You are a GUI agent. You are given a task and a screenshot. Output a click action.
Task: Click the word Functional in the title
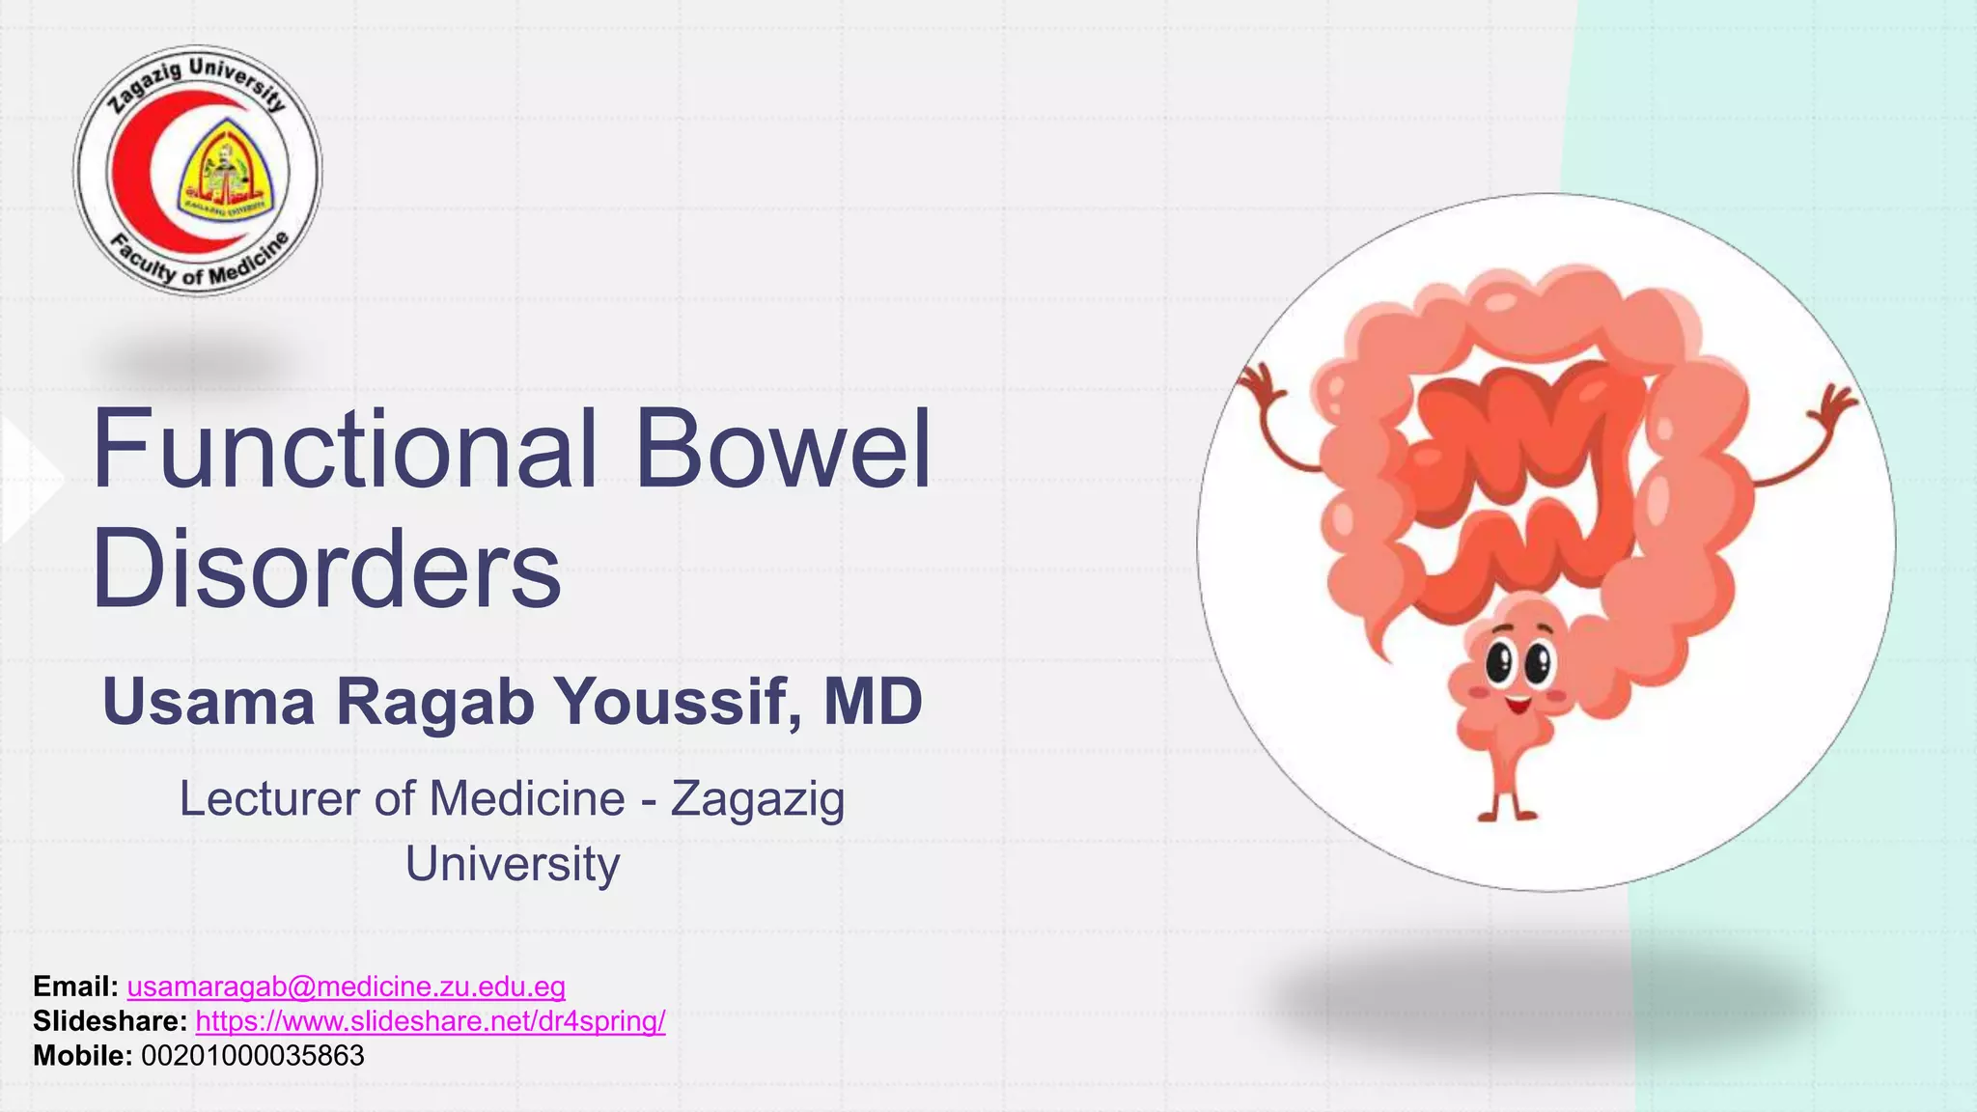tap(344, 450)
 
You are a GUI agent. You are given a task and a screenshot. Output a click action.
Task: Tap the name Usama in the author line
tap(209, 702)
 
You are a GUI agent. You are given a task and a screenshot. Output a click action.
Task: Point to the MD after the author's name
tap(873, 702)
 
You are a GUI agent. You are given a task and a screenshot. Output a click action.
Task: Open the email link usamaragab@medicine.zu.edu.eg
tap(346, 987)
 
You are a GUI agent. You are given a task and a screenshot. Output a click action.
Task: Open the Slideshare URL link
tap(430, 1021)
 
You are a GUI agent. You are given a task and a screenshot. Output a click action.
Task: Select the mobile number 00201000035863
tap(253, 1056)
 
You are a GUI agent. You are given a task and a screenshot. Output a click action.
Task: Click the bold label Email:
tap(75, 987)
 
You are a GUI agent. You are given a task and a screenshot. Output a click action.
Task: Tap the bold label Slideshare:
tap(110, 1021)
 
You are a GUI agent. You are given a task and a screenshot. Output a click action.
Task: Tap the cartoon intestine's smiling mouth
tap(1517, 704)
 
